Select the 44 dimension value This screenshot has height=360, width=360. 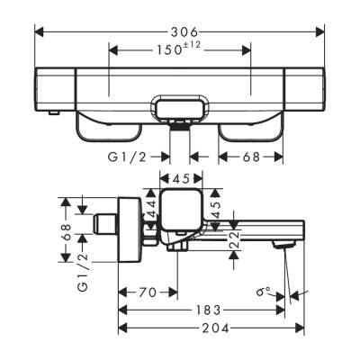tap(152, 211)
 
